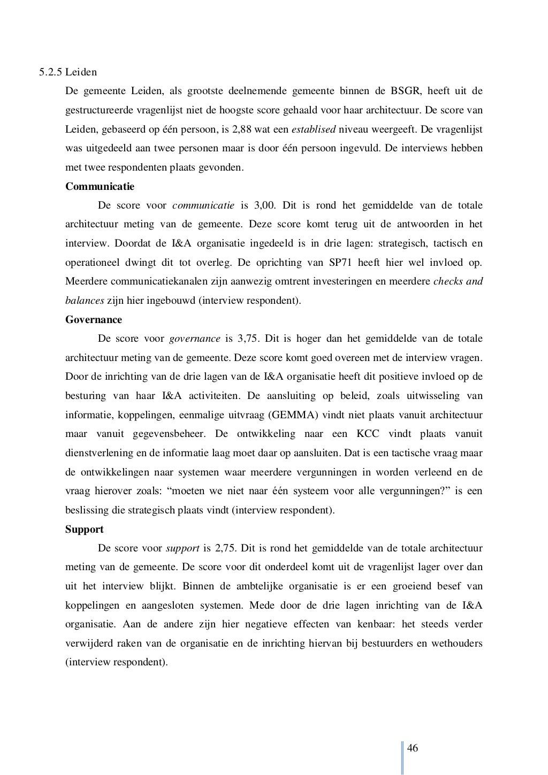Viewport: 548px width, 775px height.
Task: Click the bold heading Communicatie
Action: pos(100,187)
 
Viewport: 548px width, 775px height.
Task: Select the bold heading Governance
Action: pos(93,320)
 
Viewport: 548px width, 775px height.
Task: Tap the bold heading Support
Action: pos(85,529)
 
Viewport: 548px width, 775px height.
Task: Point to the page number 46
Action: pos(413,748)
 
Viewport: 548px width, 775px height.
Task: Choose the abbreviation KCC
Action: pos(368,434)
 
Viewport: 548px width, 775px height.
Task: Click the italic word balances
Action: pos(84,301)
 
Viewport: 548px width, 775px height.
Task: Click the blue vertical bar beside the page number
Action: pos(401,757)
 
